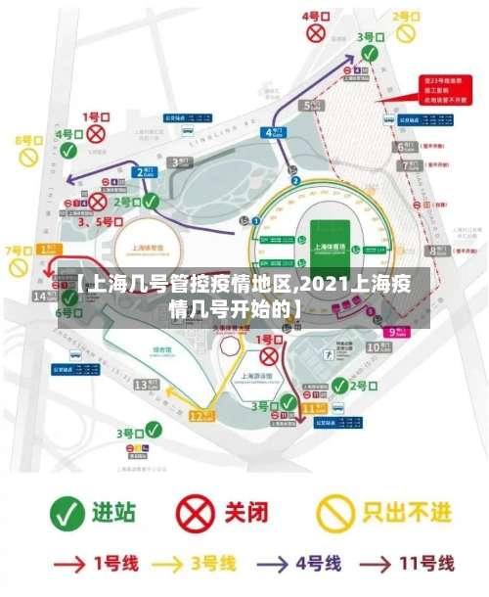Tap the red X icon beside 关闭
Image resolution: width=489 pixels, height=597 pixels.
196,511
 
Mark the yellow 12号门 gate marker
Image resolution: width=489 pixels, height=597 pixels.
200,416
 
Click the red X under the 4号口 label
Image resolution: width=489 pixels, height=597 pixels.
315,33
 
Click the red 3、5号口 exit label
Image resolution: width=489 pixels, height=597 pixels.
100,222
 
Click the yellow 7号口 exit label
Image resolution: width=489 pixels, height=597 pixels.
18,251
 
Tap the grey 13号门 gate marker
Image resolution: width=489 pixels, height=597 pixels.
144,385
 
